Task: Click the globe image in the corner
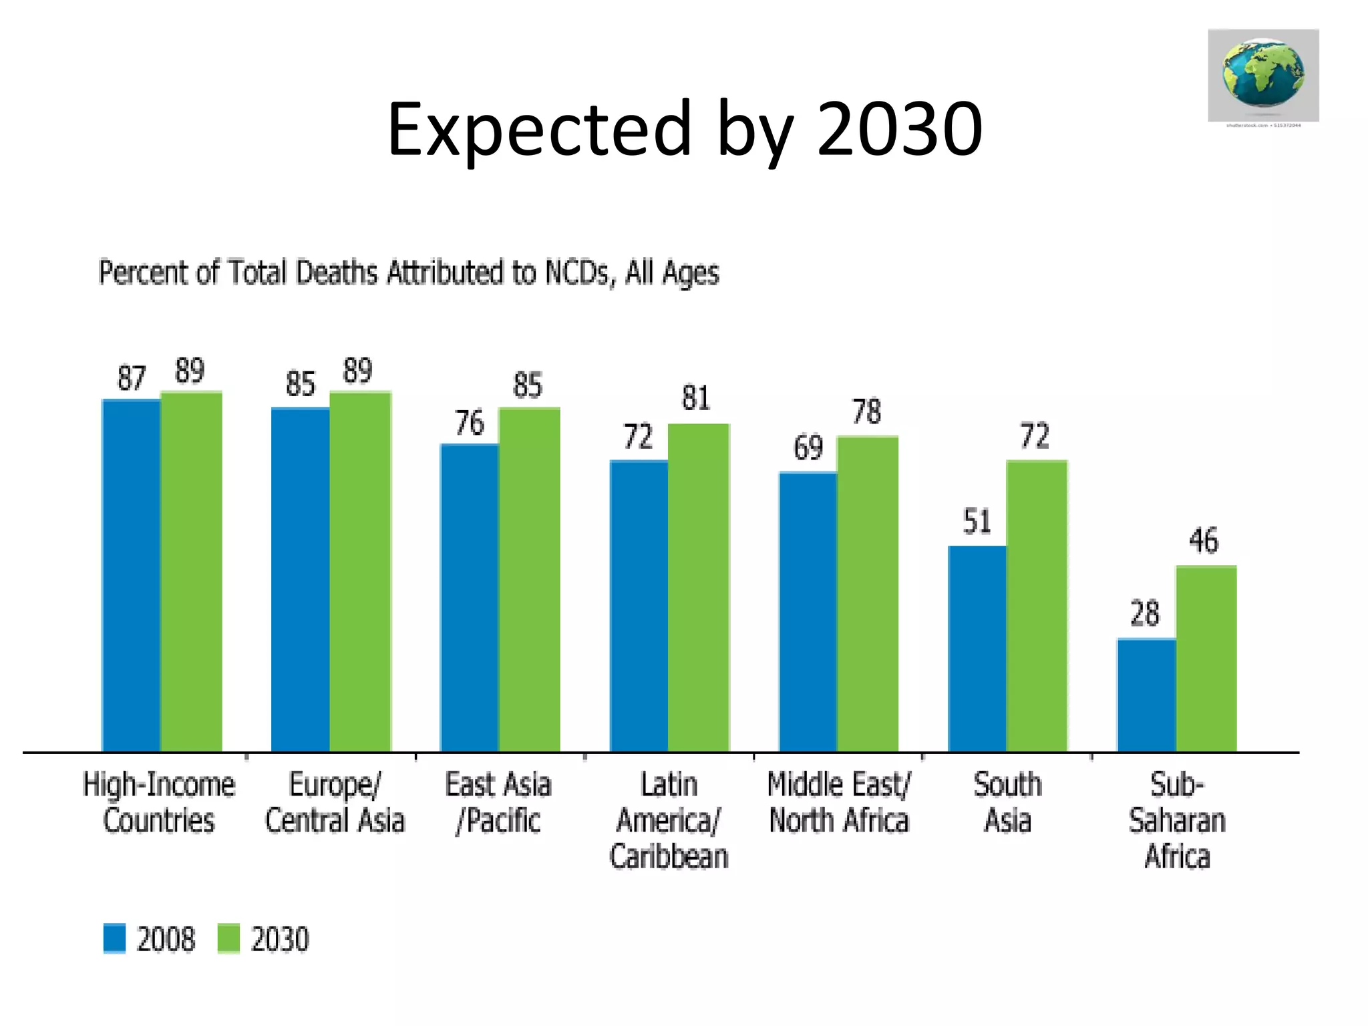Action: (x=1262, y=75)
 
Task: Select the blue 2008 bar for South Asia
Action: (x=977, y=648)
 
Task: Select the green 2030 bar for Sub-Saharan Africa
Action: (x=1206, y=658)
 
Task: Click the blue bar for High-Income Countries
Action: (x=131, y=574)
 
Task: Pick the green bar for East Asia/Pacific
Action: (x=529, y=578)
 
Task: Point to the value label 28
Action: (x=1144, y=613)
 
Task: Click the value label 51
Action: (x=977, y=521)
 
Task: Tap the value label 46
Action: (x=1203, y=540)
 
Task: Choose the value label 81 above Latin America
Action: (x=695, y=398)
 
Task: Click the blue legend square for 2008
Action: (x=114, y=938)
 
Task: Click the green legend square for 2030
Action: (x=228, y=938)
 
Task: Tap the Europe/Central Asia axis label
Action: (x=335, y=802)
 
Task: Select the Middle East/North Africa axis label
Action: (x=838, y=802)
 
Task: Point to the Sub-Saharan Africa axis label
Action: (x=1177, y=820)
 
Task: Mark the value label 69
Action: (x=808, y=448)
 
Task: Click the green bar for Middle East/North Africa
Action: (x=867, y=593)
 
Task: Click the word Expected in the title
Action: (x=538, y=128)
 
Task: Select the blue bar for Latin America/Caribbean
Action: (x=639, y=605)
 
